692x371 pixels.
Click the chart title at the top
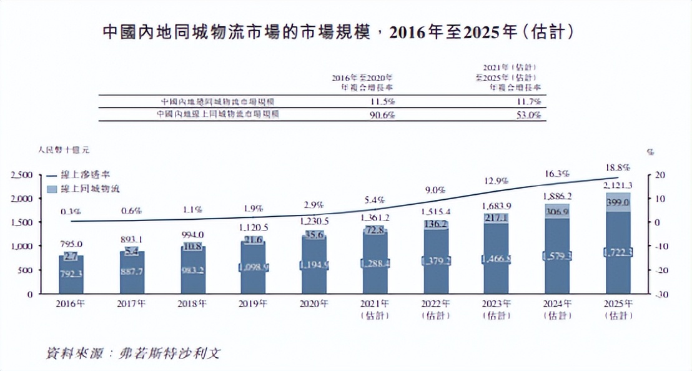337,32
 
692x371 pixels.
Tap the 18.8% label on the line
618,167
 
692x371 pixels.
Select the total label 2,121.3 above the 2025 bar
618,185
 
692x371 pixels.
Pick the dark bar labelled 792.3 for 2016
71,273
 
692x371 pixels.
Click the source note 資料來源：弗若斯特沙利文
134,352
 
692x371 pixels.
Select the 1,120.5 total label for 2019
253,228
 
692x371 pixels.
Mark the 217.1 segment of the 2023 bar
497,218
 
